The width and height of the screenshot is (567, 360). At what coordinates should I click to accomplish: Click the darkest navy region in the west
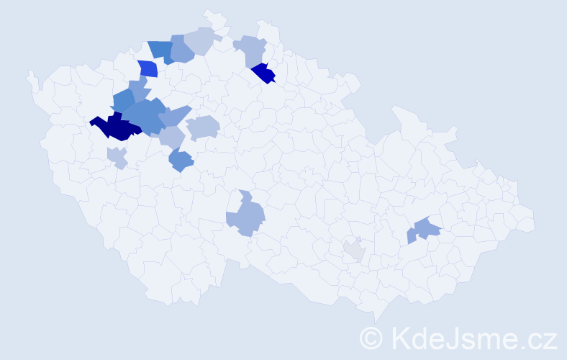(x=115, y=127)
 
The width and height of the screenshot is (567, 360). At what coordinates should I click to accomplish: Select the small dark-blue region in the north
(x=264, y=73)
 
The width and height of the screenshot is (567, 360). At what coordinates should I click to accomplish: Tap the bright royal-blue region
(x=148, y=69)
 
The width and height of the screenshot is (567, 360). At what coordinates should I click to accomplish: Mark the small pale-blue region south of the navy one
(x=117, y=156)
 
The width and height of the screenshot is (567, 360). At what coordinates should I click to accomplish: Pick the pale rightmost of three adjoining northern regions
(x=201, y=40)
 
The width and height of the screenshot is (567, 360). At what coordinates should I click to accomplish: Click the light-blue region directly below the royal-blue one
(x=139, y=89)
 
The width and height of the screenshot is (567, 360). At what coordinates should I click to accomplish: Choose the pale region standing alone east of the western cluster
(x=204, y=127)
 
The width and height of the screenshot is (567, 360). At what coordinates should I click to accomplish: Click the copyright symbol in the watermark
(x=371, y=338)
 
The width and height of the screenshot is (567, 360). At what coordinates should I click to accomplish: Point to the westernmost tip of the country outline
(x=28, y=73)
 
